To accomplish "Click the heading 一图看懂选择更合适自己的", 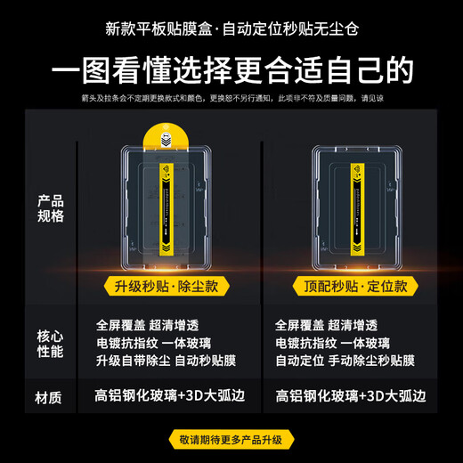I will (x=231, y=69).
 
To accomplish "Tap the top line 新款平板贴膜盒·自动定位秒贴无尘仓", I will (x=231, y=26).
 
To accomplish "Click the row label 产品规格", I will (x=50, y=207).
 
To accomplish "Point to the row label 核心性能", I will (x=50, y=343).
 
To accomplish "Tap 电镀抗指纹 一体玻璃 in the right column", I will (x=332, y=343).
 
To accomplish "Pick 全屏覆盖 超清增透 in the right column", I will (x=326, y=325).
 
